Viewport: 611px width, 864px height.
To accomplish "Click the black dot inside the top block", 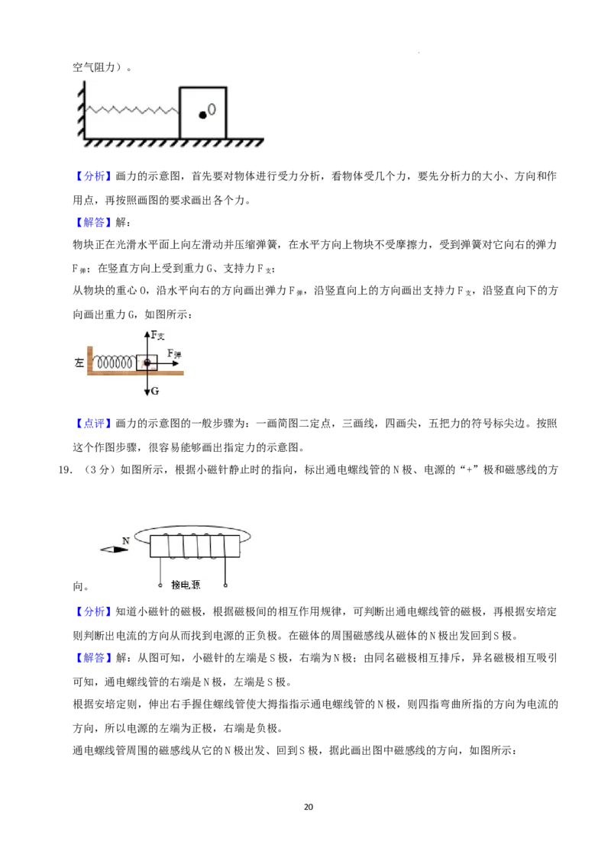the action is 202,114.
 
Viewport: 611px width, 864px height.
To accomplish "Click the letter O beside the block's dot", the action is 212,109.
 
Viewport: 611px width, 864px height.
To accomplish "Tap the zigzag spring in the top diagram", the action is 132,110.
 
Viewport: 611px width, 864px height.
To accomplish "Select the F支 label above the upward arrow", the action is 157,335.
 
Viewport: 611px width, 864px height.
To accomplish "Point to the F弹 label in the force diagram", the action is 174,353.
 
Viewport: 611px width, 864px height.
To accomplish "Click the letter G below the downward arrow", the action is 155,391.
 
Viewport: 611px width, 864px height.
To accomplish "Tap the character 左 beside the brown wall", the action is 79,363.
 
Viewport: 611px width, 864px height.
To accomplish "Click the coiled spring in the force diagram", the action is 115,363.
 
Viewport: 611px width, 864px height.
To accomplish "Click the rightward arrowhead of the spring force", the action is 176,363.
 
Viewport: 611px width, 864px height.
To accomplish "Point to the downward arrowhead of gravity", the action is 147,391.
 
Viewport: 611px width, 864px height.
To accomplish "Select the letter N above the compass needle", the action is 126,540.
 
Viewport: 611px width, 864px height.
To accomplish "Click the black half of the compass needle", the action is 122,550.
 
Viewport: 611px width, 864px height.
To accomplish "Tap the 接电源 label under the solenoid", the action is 186,585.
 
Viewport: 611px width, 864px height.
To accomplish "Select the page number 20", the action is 309,807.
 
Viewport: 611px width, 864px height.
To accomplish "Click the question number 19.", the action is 64,470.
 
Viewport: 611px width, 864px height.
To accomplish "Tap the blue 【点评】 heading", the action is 93,423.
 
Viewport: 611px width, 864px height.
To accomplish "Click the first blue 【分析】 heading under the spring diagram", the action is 93,176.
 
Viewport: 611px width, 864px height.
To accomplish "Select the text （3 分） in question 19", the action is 99,470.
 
